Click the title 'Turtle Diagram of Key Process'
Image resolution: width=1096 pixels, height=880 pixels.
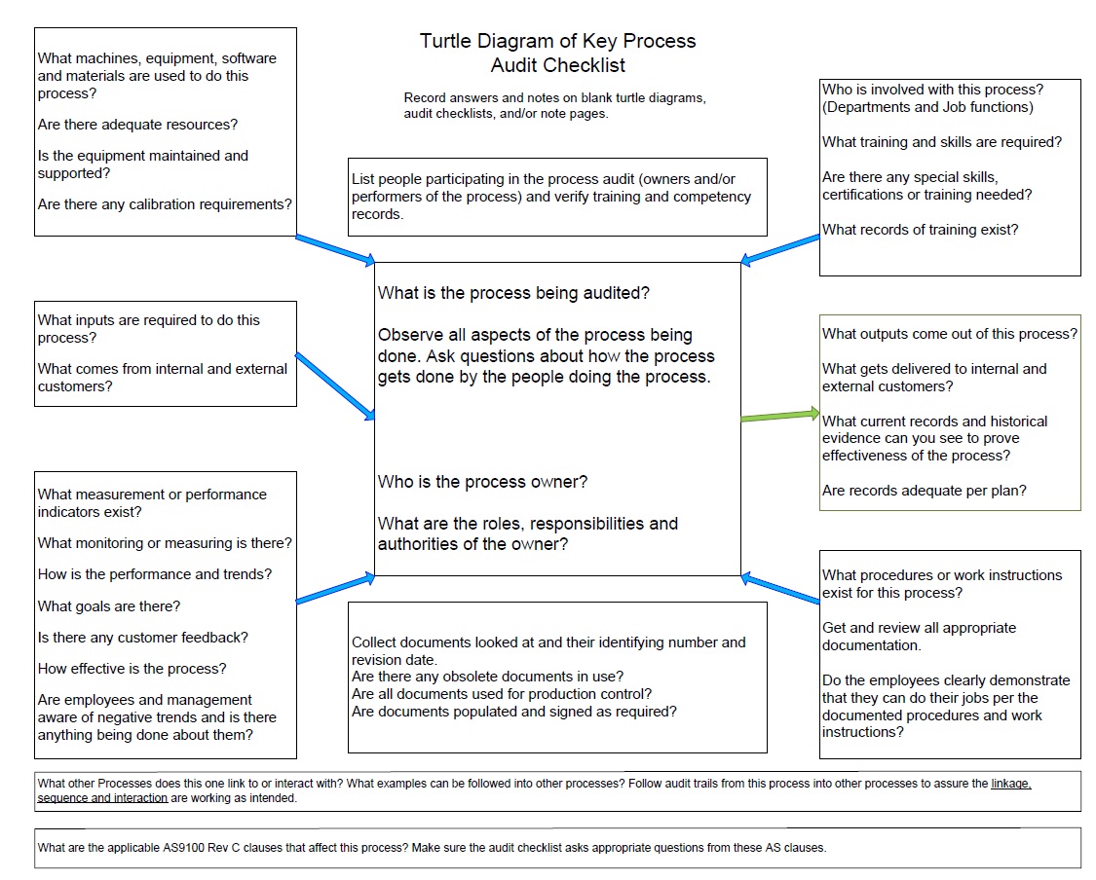[557, 41]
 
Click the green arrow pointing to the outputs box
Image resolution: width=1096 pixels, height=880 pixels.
[780, 416]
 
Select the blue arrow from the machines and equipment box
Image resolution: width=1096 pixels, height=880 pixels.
[334, 249]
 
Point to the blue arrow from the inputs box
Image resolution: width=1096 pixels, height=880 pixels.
[334, 385]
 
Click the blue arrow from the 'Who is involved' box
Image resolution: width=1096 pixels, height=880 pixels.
[780, 248]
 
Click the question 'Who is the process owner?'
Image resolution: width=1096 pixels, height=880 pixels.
[482, 482]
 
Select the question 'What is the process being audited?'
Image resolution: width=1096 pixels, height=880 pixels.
[513, 293]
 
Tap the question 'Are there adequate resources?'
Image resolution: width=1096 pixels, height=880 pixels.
[137, 125]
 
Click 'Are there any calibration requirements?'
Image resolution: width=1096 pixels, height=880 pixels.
[165, 204]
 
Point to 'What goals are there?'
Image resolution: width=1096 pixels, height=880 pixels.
[109, 606]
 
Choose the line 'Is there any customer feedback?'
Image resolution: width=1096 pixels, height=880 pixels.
[143, 638]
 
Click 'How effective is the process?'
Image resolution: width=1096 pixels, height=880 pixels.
[132, 669]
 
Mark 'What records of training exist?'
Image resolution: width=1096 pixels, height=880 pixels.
[920, 230]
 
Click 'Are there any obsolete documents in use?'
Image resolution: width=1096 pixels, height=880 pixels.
[487, 677]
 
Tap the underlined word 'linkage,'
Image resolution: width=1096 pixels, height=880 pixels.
[1010, 784]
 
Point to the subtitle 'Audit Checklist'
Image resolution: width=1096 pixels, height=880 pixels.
[557, 66]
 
